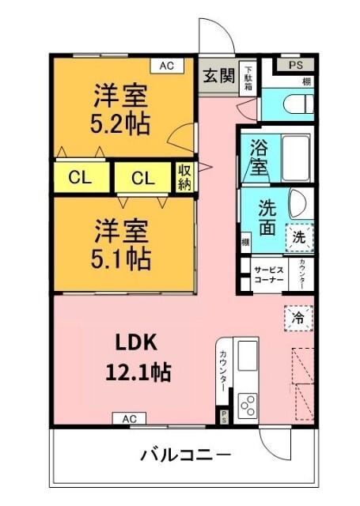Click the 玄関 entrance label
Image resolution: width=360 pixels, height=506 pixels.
click(x=217, y=76)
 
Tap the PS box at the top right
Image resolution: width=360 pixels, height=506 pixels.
click(x=294, y=66)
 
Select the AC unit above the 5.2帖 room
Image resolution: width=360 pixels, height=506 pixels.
click(x=166, y=66)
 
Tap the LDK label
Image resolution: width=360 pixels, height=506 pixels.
click(x=138, y=342)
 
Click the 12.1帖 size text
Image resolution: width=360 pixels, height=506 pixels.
click(x=138, y=371)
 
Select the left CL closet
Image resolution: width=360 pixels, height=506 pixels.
click(x=79, y=178)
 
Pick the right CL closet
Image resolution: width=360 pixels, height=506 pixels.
click(x=143, y=178)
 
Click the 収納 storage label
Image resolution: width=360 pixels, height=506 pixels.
click(x=184, y=177)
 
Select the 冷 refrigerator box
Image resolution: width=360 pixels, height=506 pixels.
click(x=298, y=318)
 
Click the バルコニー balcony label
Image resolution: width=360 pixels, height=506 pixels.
click(x=186, y=456)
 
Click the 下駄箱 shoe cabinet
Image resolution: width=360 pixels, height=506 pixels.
click(x=248, y=77)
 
